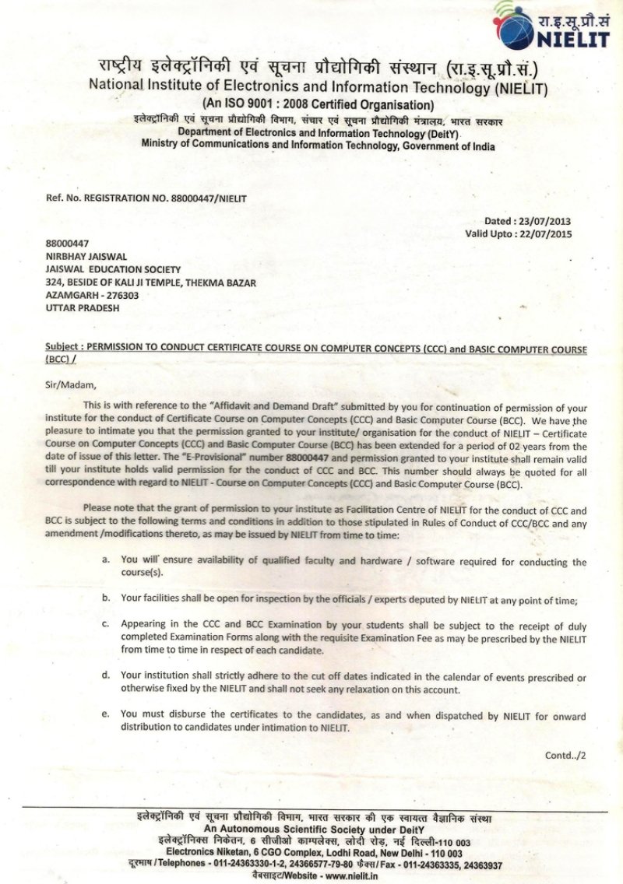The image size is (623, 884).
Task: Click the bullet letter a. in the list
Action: click(106, 560)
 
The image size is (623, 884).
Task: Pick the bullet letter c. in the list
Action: click(106, 624)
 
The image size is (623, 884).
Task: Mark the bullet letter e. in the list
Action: click(106, 714)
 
